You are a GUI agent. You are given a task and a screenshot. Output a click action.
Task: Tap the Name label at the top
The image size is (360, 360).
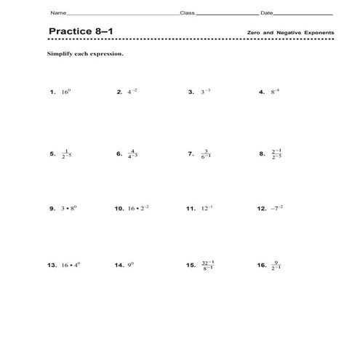[x=57, y=14]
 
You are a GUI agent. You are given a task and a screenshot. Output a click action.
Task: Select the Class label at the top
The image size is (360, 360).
[x=187, y=14]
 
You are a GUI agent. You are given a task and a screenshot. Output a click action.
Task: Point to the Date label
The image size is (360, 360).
[x=267, y=14]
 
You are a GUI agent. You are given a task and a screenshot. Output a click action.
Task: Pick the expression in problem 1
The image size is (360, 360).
[x=66, y=92]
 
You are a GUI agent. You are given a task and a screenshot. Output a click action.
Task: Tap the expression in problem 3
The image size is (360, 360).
[x=204, y=92]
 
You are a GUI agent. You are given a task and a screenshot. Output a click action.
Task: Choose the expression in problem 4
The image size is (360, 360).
[x=276, y=92]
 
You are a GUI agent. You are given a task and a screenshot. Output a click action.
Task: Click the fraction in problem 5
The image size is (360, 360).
[x=68, y=154]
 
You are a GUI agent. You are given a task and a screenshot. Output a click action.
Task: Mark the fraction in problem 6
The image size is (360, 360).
[x=132, y=154]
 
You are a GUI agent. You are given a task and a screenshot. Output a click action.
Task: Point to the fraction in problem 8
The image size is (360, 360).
[x=277, y=154]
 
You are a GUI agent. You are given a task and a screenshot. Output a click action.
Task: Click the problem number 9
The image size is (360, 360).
[x=52, y=208]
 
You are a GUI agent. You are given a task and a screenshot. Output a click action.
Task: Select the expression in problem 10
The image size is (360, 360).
[x=139, y=208]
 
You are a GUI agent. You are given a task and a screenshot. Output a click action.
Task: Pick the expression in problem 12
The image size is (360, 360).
[x=277, y=208]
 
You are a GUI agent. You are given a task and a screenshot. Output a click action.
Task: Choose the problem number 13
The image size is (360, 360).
[x=52, y=265]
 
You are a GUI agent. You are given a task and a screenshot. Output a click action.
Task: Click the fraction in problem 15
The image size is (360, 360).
[x=208, y=265]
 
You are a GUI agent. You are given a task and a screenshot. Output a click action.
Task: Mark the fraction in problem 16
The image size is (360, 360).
[x=277, y=265]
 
